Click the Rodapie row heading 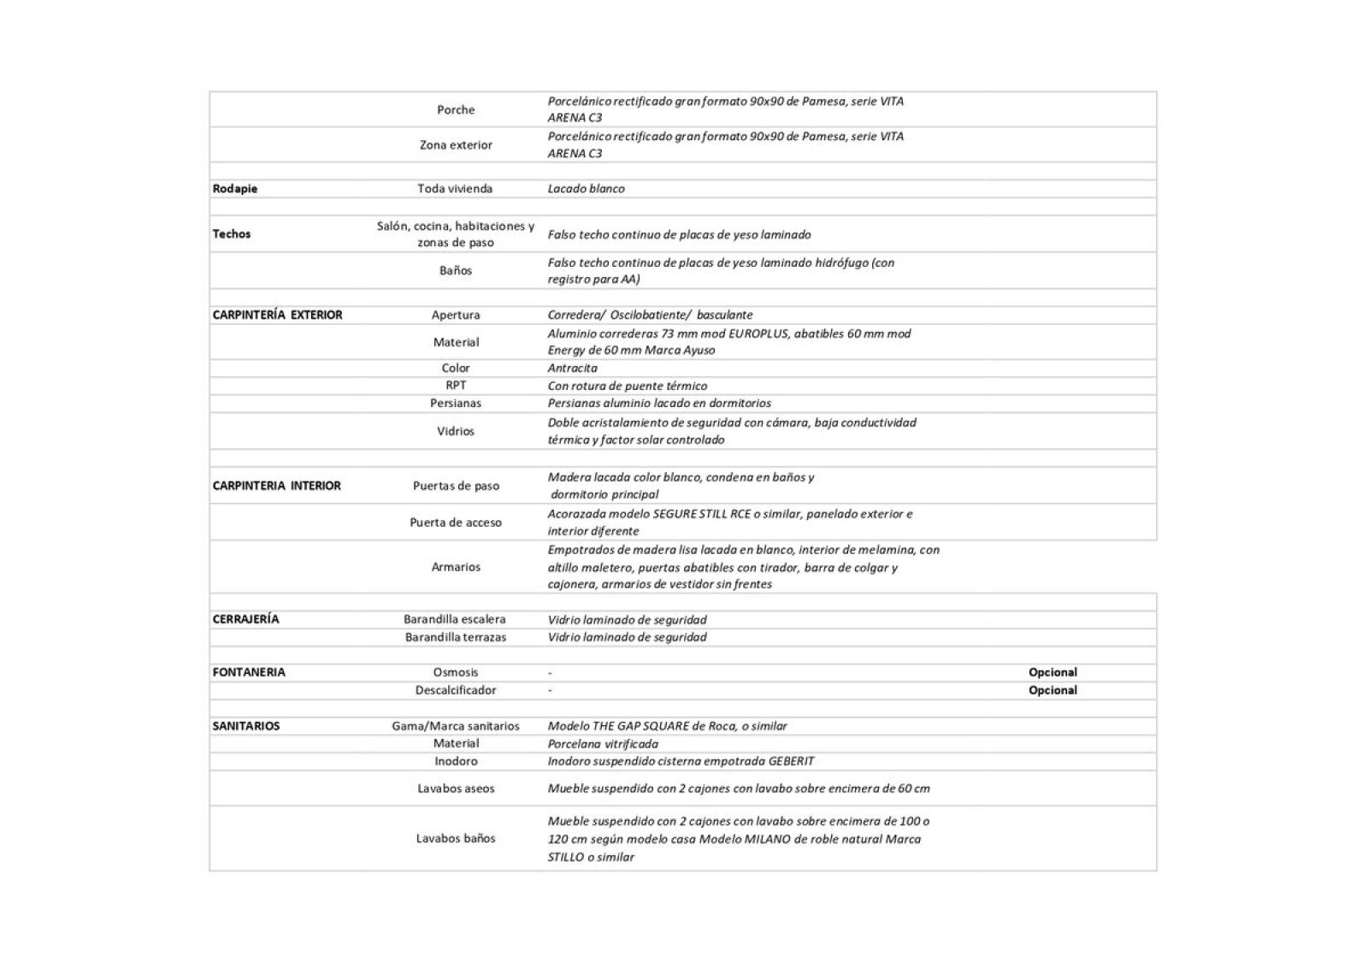point(235,189)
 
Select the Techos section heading point(232,234)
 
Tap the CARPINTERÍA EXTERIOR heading point(277,315)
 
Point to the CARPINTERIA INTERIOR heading point(276,486)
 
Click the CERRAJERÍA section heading point(245,619)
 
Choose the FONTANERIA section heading point(249,672)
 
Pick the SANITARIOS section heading point(246,726)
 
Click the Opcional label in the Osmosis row point(1053,672)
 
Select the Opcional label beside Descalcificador point(1053,690)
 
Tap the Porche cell point(456,109)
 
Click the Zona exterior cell point(456,145)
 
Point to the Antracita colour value point(573,368)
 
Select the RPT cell point(456,386)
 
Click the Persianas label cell point(456,403)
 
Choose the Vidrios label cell point(456,431)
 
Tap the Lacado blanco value point(586,189)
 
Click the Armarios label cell point(456,567)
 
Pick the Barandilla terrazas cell point(456,637)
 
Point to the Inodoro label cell point(456,761)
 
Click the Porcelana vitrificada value point(603,744)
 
